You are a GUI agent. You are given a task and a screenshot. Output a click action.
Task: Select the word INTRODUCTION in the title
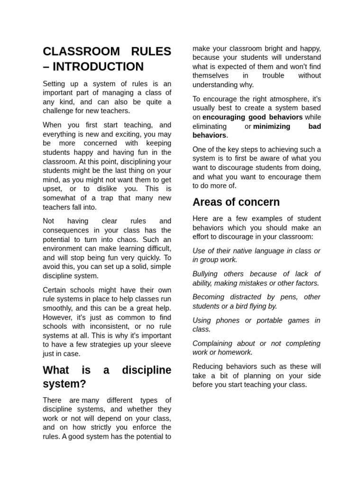(100, 67)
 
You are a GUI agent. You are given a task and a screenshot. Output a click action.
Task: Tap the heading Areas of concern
(236, 202)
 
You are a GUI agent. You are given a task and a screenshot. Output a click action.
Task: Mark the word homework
(235, 352)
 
